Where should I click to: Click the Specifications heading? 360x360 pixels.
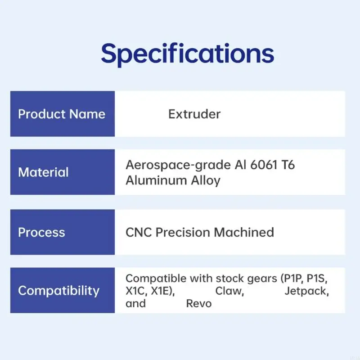tap(187, 54)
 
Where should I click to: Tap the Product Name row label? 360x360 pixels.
tap(62, 114)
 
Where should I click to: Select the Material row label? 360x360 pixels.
tap(43, 172)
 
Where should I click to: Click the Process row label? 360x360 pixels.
tap(41, 232)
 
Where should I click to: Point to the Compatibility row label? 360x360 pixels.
tap(58, 291)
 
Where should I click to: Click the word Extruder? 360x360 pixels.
tap(194, 114)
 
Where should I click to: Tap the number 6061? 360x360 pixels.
tap(261, 165)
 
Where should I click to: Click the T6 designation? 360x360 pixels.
tap(288, 165)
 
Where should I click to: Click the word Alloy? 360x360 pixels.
tap(205, 180)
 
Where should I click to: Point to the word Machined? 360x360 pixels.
tap(244, 232)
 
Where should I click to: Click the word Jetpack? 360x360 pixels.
tap(306, 291)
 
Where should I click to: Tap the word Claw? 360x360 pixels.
tap(229, 291)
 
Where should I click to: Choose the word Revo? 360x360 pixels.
tap(199, 303)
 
